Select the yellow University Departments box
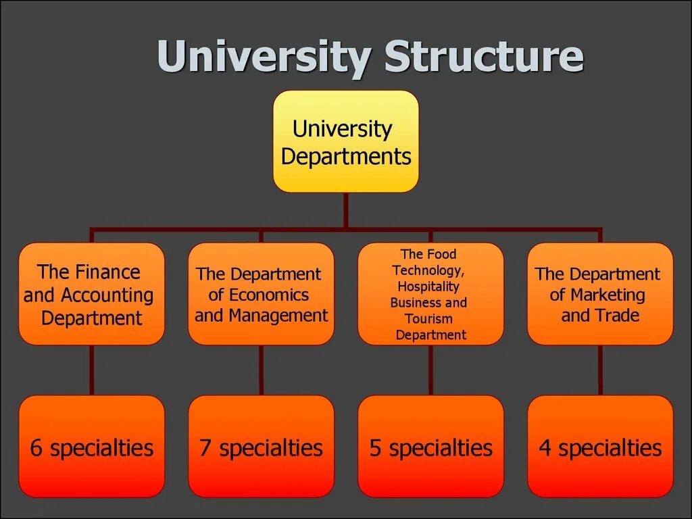pos(345,142)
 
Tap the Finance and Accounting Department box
pos(91,294)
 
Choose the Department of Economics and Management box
pos(261,294)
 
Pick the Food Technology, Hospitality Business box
pos(430,294)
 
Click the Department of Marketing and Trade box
pos(600,294)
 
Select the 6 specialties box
pos(91,447)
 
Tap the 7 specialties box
pos(261,447)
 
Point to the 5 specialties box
pos(430,447)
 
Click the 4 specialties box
pos(600,447)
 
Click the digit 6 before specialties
pos(36,448)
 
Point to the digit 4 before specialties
pos(545,448)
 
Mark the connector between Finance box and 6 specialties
pos(91,370)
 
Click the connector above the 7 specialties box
pos(261,370)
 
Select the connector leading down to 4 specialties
pos(600,370)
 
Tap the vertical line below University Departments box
pos(345,209)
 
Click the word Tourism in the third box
pos(428,319)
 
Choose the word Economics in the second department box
pos(269,295)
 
